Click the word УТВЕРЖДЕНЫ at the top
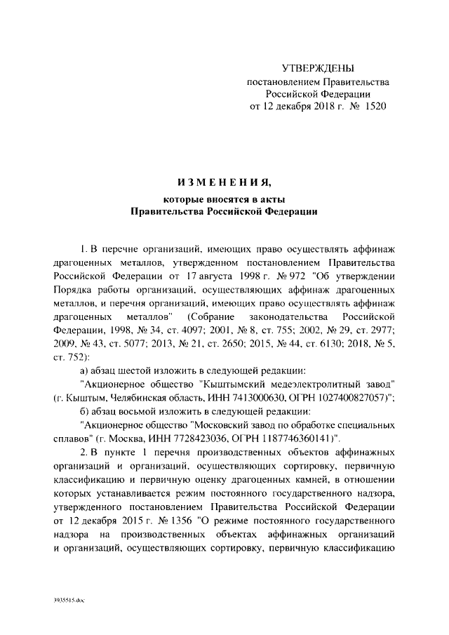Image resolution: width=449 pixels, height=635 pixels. click(318, 68)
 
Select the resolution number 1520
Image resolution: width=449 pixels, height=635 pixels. click(373, 107)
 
